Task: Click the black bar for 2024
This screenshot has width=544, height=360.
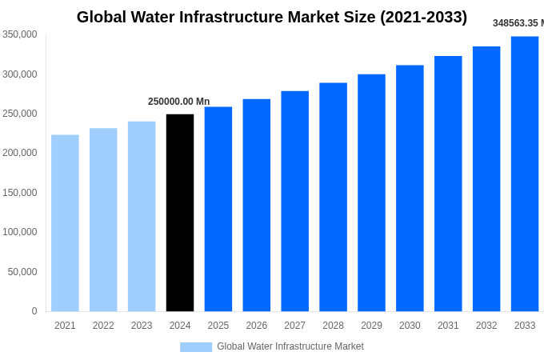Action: pyautogui.click(x=180, y=213)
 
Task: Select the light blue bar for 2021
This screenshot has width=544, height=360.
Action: pyautogui.click(x=65, y=223)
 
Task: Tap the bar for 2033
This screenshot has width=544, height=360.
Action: pyautogui.click(x=525, y=174)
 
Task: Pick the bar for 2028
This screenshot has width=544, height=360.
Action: pyautogui.click(x=333, y=197)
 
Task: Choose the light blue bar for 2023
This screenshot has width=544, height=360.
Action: pyautogui.click(x=142, y=217)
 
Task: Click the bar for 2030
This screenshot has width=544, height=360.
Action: pyautogui.click(x=410, y=188)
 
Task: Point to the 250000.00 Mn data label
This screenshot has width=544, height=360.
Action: pyautogui.click(x=178, y=102)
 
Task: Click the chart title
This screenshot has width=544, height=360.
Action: pyautogui.click(x=272, y=17)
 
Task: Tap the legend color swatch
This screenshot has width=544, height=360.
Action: pyautogui.click(x=196, y=346)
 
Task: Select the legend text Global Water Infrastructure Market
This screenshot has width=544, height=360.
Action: pyautogui.click(x=290, y=346)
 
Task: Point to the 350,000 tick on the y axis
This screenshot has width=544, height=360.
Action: pyautogui.click(x=19, y=34)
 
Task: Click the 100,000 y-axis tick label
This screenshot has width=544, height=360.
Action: pyautogui.click(x=19, y=232)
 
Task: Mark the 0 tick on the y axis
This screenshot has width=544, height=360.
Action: pyautogui.click(x=34, y=311)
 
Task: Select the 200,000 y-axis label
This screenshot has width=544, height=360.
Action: pyautogui.click(x=19, y=153)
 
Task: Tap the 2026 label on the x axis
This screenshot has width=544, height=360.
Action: pyautogui.click(x=256, y=326)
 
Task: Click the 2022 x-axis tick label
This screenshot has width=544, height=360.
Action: pyautogui.click(x=103, y=326)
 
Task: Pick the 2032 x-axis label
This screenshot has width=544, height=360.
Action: pyautogui.click(x=486, y=326)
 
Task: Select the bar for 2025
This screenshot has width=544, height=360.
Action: pyautogui.click(x=218, y=209)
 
